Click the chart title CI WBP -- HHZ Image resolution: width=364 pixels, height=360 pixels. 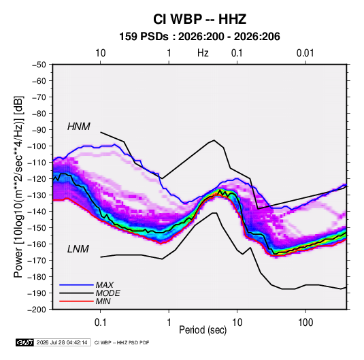[199, 19]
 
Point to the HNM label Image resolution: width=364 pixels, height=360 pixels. [79, 127]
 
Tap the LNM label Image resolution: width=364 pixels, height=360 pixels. [78, 249]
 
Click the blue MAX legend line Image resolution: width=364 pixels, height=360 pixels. [76, 284]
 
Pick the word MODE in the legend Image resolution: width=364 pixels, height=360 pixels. [107, 293]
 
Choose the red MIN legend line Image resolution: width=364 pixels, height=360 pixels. [76, 301]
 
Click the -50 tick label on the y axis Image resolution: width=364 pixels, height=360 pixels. [39, 65]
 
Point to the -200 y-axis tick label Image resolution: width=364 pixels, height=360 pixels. [37, 310]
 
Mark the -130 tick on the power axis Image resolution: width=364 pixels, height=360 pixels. [37, 195]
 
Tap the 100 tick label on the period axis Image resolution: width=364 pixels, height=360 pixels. [305, 323]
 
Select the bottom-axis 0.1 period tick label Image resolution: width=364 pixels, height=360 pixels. [100, 323]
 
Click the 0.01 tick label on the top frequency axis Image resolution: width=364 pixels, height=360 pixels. [305, 53]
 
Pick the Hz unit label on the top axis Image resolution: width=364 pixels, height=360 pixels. [203, 53]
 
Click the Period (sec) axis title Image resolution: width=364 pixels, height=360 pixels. [203, 330]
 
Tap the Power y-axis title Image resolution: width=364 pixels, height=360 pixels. [18, 187]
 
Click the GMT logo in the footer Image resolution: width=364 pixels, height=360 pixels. [25, 342]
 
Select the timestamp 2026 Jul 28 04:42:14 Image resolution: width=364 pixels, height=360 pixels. [62, 342]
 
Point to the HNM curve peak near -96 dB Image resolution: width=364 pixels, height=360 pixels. [214, 140]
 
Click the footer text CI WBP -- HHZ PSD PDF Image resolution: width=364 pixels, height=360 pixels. [122, 342]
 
